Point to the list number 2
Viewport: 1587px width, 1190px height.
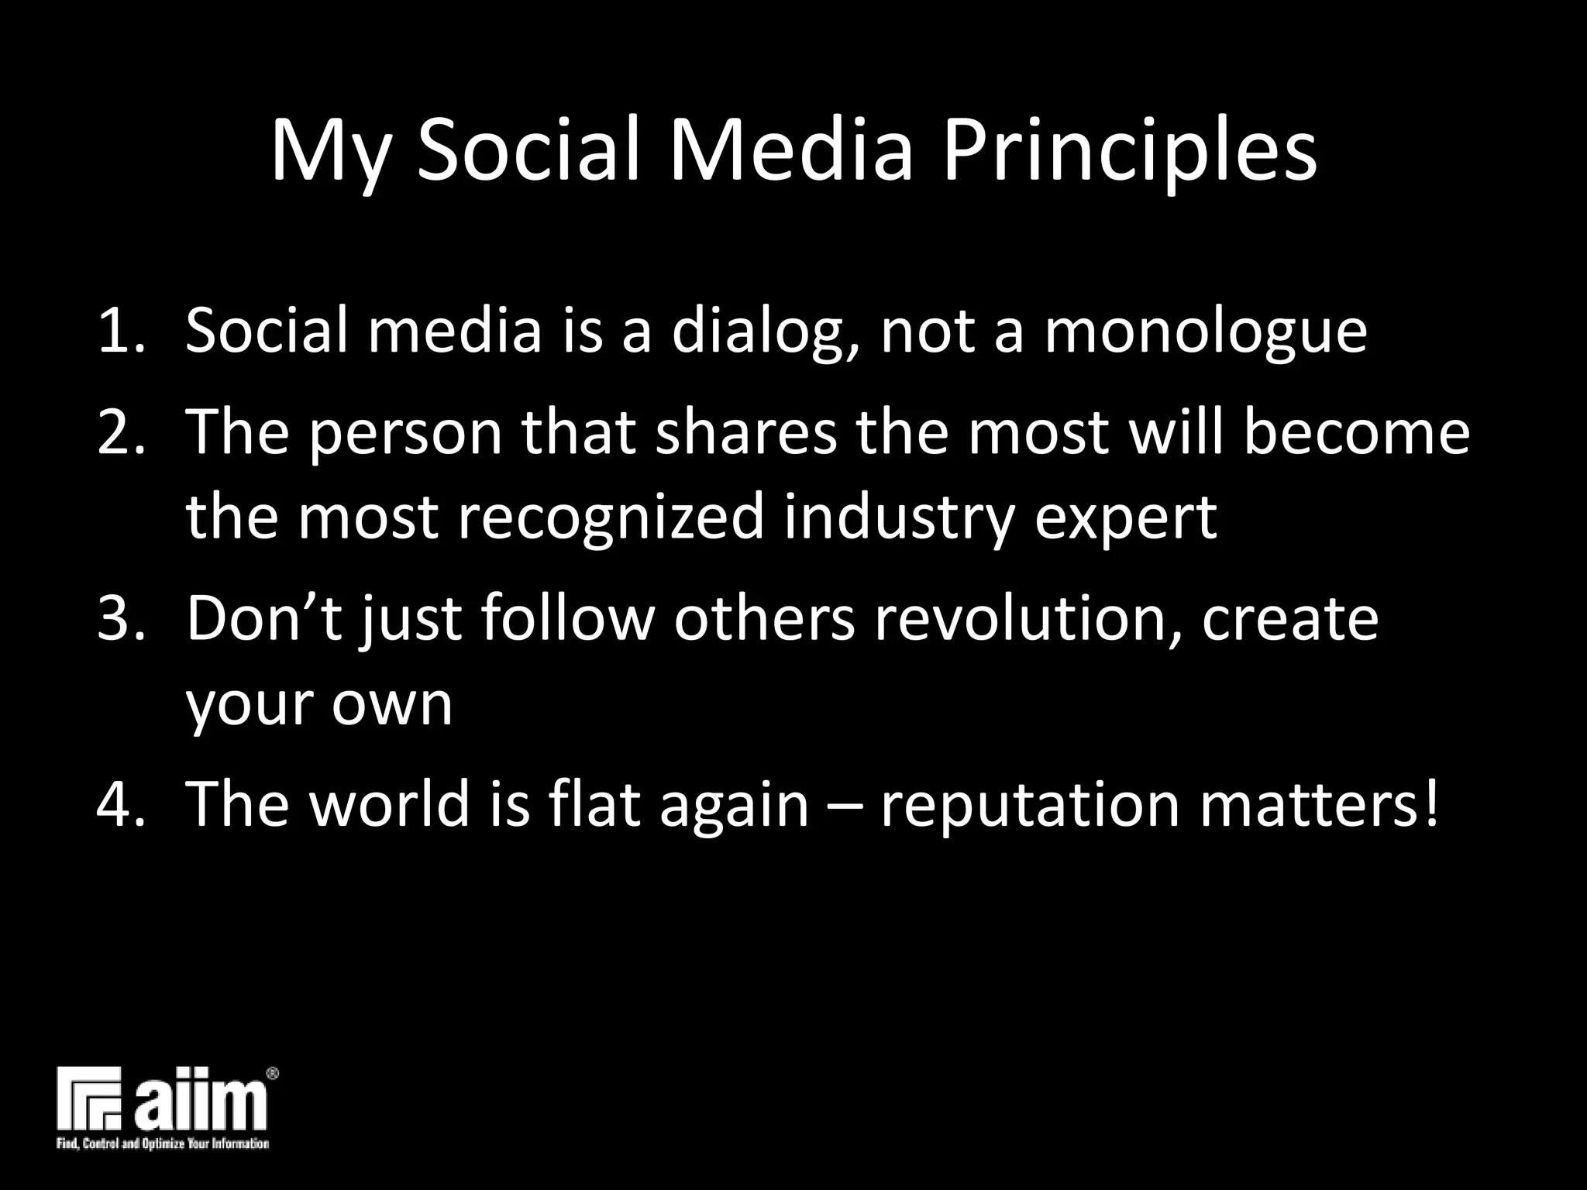118,432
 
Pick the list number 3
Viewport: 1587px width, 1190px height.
118,619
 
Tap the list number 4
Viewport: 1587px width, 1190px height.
118,804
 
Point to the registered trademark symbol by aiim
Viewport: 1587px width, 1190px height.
272,1074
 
